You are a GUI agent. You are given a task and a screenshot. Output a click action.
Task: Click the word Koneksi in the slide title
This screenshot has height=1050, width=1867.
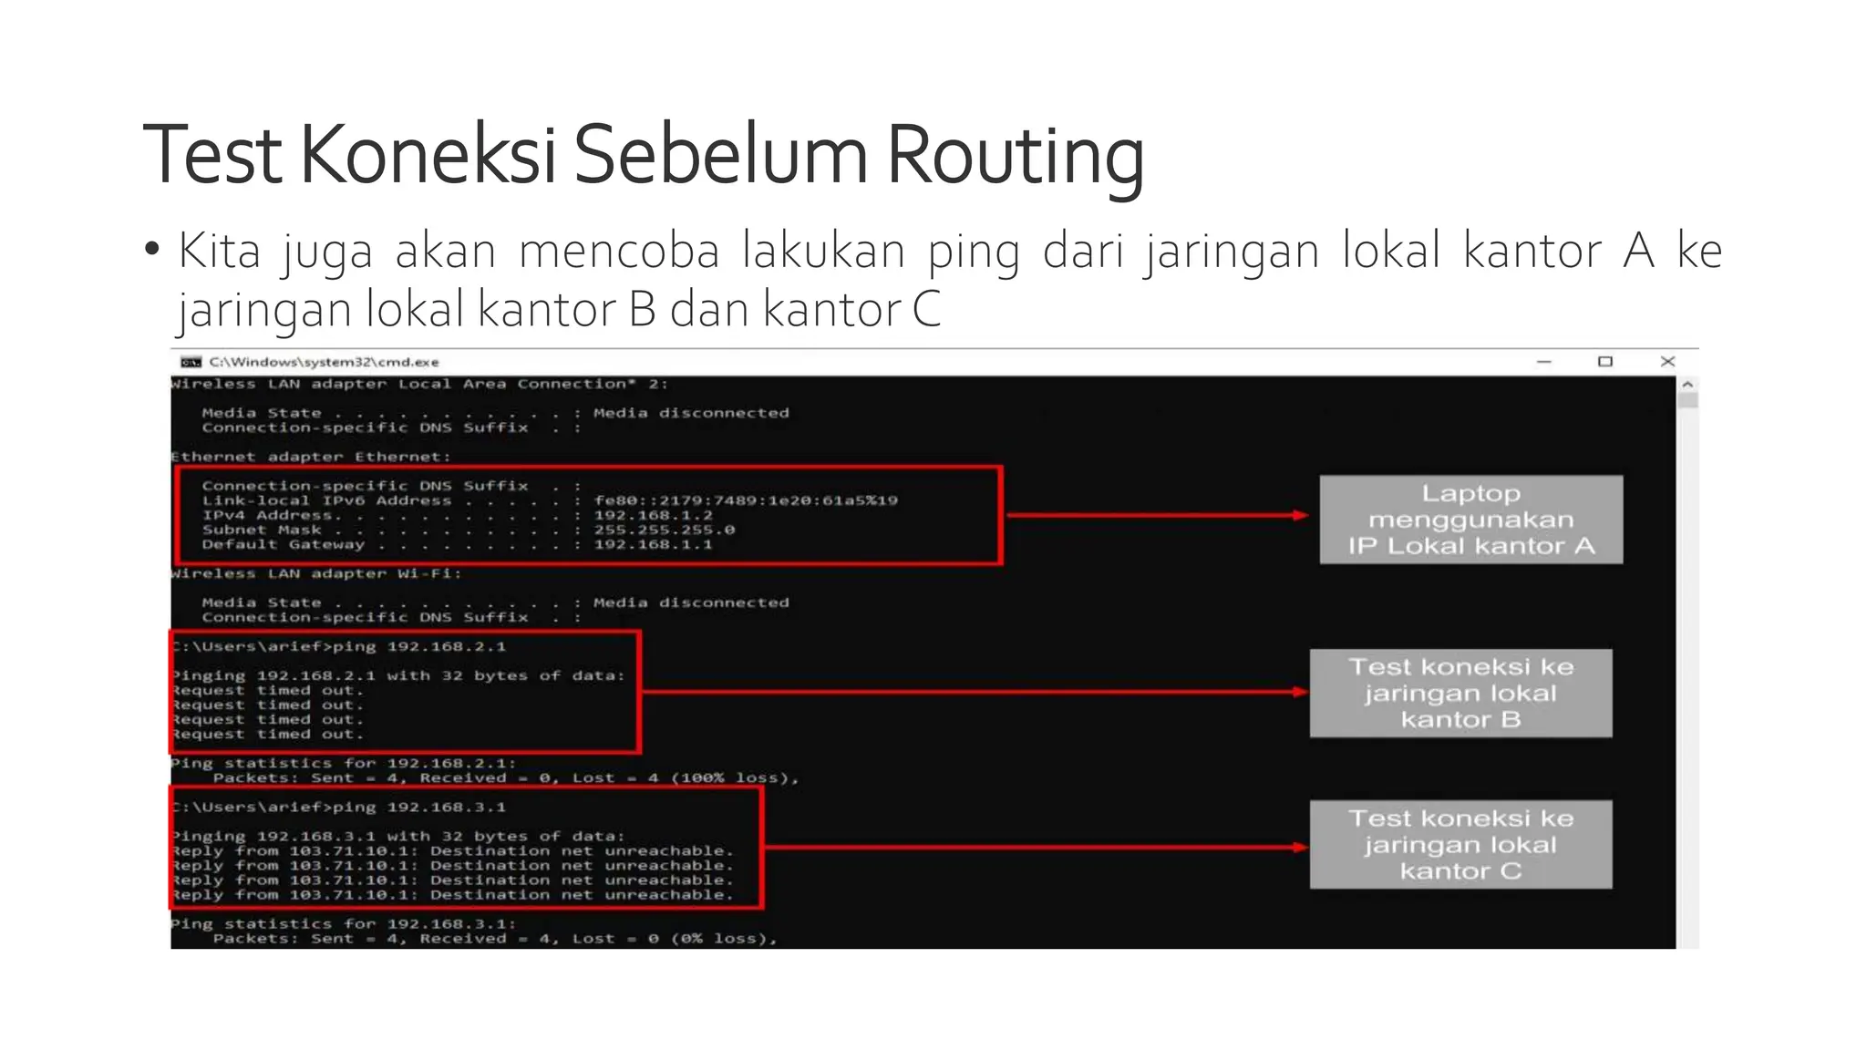[x=427, y=155]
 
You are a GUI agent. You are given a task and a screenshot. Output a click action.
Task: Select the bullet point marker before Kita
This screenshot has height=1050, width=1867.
[x=152, y=249]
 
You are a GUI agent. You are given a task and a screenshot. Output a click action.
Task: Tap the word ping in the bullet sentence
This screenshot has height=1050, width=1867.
[x=974, y=252]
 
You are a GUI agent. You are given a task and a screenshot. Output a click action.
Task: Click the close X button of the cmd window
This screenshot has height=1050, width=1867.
[x=1667, y=362]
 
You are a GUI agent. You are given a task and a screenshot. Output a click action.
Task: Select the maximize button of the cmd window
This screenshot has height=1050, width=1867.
[x=1605, y=362]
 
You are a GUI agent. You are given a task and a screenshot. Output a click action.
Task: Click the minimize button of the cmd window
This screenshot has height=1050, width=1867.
[x=1543, y=362]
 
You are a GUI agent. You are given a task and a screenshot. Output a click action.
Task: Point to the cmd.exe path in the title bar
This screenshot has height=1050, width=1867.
[x=324, y=362]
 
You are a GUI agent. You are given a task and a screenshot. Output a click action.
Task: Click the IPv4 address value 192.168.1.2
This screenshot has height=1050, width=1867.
[x=653, y=515]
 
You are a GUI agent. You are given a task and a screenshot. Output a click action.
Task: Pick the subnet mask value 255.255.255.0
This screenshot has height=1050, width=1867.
[x=664, y=530]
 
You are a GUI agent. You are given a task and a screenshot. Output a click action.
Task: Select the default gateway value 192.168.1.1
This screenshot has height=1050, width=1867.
[x=653, y=544]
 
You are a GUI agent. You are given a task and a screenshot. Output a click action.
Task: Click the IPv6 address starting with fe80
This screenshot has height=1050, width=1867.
[x=745, y=500]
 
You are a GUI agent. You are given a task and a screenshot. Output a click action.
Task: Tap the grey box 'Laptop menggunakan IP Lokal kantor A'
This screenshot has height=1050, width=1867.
[x=1470, y=520]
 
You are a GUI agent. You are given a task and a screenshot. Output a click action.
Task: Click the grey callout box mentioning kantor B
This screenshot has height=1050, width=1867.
[x=1460, y=693]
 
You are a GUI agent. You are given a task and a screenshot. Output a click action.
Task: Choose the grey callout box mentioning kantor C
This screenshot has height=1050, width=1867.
[x=1460, y=844]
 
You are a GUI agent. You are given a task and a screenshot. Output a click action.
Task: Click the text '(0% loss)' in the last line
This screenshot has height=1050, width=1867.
[x=724, y=938]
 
